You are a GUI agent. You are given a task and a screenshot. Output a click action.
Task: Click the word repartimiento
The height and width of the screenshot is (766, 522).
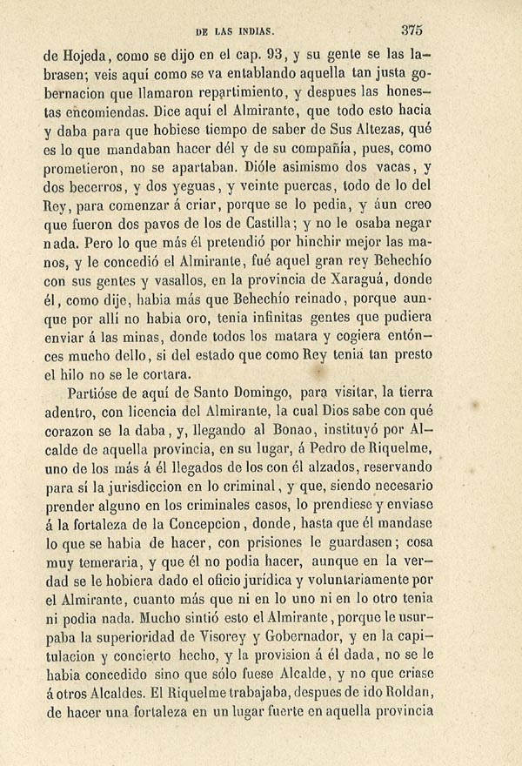[238, 91]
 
